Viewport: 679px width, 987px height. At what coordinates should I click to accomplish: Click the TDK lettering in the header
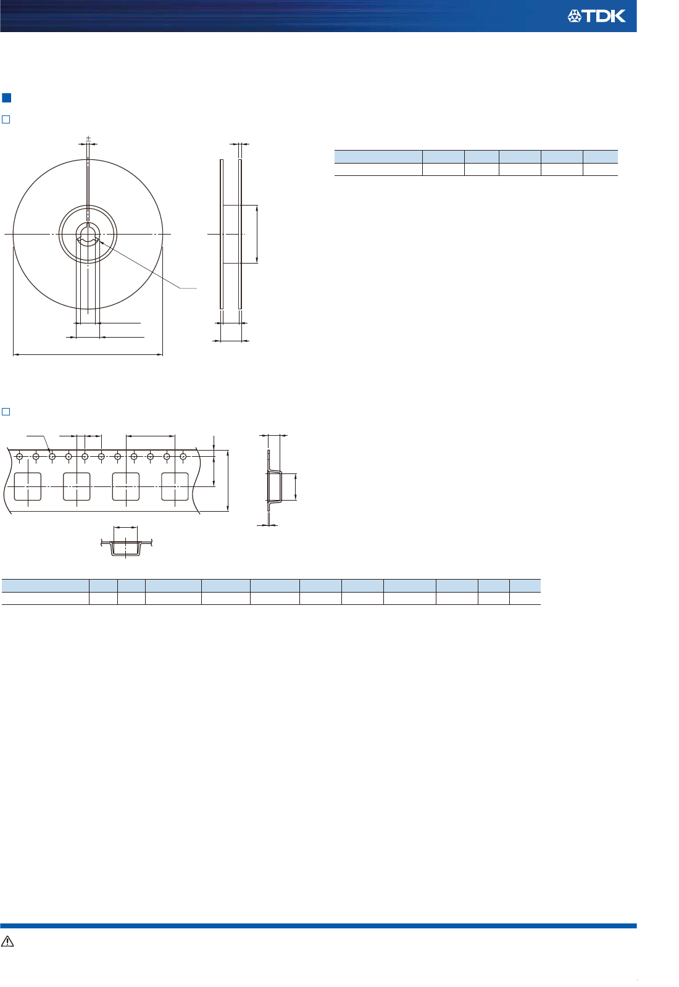click(605, 17)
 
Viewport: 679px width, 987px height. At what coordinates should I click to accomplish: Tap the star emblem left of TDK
click(575, 17)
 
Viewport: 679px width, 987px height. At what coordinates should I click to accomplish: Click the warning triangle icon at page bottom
click(7, 941)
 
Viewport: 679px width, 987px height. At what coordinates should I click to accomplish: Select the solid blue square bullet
click(7, 98)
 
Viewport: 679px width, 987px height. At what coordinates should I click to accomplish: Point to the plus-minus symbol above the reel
click(88, 138)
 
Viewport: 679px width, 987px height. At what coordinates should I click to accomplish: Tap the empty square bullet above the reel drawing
click(6, 119)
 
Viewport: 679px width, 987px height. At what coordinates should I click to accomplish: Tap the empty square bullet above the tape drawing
click(6, 412)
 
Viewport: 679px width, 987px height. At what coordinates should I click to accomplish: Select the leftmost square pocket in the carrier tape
click(28, 486)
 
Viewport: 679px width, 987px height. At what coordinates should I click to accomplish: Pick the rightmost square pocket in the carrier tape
click(175, 486)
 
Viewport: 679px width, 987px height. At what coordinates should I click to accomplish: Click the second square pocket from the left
click(77, 486)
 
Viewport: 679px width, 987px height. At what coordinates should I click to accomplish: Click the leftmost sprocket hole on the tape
click(20, 457)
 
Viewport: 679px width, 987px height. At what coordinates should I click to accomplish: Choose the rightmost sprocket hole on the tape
click(183, 457)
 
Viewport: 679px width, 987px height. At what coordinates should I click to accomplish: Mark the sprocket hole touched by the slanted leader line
click(52, 457)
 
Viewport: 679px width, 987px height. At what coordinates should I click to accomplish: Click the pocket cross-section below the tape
click(126, 548)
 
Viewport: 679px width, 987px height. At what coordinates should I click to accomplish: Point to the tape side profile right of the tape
click(274, 486)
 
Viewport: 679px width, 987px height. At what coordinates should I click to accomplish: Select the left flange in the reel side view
click(222, 234)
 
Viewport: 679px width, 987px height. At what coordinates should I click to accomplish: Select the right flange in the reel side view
click(240, 234)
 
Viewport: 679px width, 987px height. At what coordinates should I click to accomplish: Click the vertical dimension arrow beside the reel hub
click(257, 234)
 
